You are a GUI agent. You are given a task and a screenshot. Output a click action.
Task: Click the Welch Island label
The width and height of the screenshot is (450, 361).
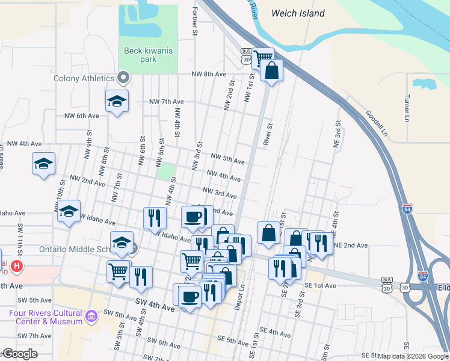click(298, 13)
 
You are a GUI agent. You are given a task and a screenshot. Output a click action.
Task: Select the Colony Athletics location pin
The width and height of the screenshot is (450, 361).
click(124, 77)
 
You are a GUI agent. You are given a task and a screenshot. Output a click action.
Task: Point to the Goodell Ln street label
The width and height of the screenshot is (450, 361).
click(377, 123)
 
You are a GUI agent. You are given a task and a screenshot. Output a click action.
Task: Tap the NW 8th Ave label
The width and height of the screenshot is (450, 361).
click(208, 74)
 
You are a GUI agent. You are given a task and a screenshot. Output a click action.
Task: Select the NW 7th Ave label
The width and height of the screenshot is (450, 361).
click(166, 102)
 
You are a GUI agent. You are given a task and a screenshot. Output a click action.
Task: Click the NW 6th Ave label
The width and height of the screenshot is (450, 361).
click(81, 116)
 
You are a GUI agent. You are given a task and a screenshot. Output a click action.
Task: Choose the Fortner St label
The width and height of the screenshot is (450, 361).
click(195, 21)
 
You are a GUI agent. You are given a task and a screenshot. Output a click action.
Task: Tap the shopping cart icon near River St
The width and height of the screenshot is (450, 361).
click(263, 58)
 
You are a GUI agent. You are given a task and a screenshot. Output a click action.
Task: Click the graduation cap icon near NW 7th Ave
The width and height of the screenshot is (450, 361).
click(117, 100)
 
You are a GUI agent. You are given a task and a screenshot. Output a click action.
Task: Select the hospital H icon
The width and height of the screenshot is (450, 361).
click(17, 265)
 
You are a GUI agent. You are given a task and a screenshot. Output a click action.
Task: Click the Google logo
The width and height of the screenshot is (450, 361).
click(19, 354)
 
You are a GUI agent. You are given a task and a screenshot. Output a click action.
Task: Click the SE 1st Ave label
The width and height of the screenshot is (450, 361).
click(320, 285)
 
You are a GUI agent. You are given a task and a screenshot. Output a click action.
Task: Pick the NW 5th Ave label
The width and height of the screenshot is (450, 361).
click(227, 161)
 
